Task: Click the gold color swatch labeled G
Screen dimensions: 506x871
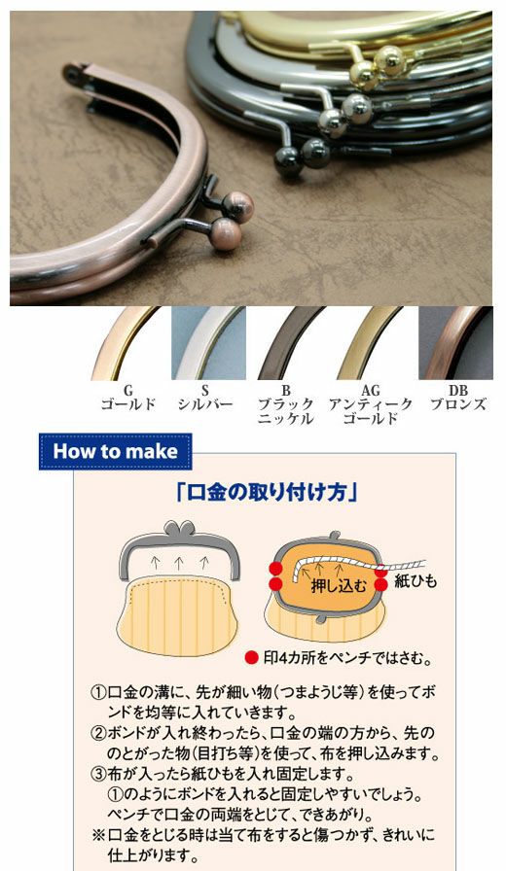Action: (126, 343)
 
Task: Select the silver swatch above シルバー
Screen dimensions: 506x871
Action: (208, 343)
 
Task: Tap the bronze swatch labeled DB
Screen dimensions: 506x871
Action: (456, 343)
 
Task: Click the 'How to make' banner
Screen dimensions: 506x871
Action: (116, 451)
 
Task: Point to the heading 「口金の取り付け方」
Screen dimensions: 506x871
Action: (267, 492)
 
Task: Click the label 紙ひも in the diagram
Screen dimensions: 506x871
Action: (416, 581)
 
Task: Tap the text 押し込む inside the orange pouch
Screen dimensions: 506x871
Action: (339, 585)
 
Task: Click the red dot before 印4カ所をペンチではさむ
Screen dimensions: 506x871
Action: (252, 658)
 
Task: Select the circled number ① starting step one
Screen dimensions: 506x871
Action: (98, 693)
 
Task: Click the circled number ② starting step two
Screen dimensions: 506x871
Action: (98, 733)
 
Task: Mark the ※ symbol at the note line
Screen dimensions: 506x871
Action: (98, 835)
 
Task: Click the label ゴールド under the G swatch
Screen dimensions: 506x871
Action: (128, 403)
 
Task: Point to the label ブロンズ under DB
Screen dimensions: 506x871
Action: (458, 403)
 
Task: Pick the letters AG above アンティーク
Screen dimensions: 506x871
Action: (371, 391)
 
